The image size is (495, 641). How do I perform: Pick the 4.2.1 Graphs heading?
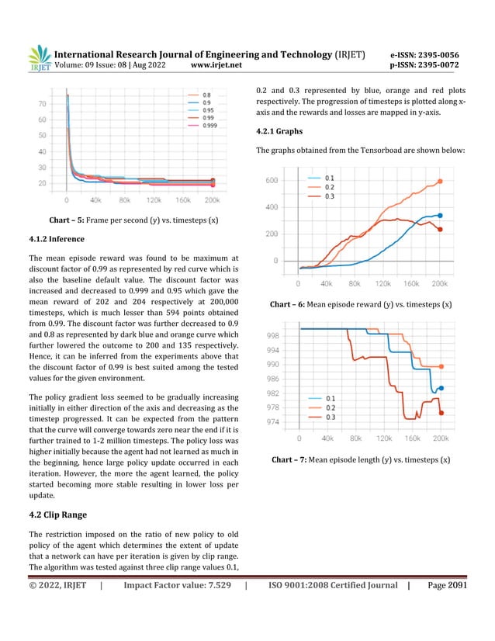click(281, 130)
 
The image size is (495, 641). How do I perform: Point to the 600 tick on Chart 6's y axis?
click(272, 180)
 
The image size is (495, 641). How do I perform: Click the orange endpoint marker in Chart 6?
click(440, 182)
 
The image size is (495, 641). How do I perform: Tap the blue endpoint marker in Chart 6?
click(440, 216)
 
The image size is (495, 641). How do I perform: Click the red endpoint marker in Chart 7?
click(440, 412)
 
